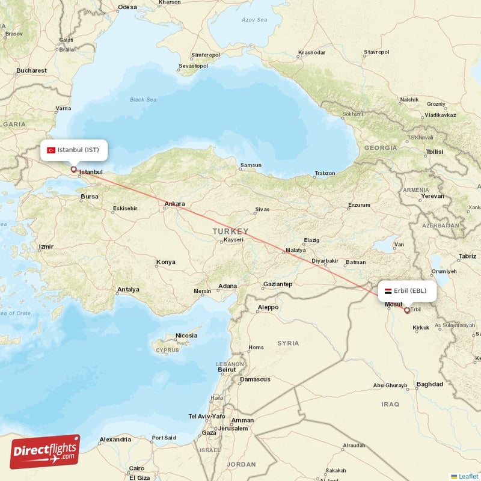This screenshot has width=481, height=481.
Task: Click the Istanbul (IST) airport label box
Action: [x=75, y=150]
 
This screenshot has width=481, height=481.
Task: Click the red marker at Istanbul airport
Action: [x=74, y=170]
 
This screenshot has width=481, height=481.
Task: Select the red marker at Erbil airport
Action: [x=407, y=310]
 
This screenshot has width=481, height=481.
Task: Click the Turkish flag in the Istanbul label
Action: [x=51, y=150]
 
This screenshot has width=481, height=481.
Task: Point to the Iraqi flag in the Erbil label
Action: [x=388, y=291]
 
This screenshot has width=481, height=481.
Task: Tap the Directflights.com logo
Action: [x=44, y=452]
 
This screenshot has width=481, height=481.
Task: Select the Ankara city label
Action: [x=175, y=204]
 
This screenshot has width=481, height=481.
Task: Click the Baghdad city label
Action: [x=429, y=384]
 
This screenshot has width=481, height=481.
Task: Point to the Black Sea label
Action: [x=142, y=100]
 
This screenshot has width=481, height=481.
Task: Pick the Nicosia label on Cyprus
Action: [x=186, y=335]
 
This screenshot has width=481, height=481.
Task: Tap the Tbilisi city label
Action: [x=434, y=152]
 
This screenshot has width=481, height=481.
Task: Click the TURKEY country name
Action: [x=230, y=231]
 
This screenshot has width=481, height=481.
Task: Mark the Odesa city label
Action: [x=127, y=7]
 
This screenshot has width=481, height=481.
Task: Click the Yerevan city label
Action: [x=433, y=196]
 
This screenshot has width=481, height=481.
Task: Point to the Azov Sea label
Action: [x=254, y=20]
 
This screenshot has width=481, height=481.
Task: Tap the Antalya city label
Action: [x=128, y=290]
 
